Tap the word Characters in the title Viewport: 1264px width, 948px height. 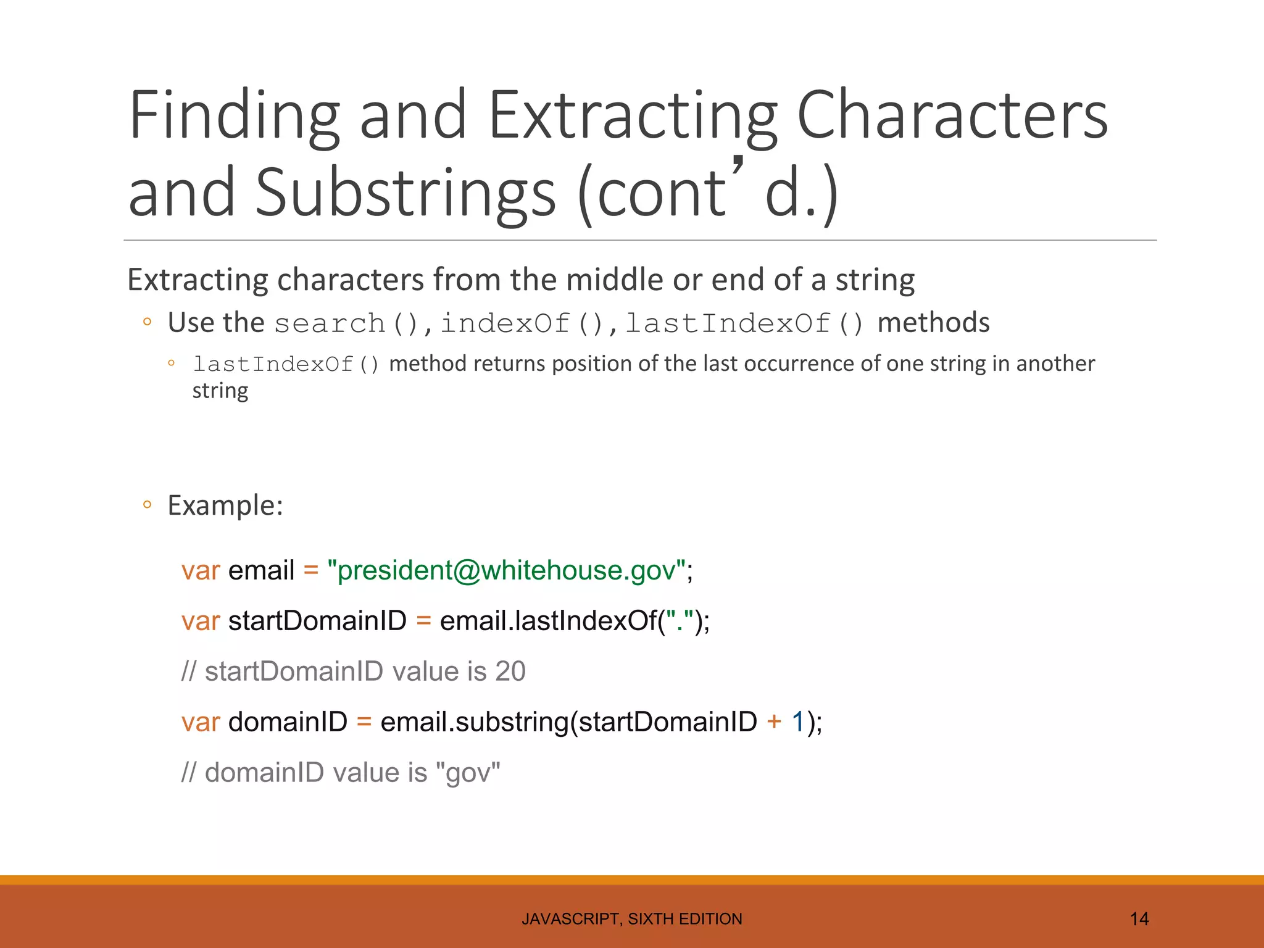click(952, 116)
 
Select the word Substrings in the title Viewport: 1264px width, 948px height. click(405, 193)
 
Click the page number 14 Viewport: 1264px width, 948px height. click(1139, 919)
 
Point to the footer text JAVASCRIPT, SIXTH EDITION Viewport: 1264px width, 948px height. click(631, 919)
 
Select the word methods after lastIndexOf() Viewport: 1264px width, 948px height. click(933, 323)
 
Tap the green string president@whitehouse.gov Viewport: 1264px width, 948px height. click(507, 570)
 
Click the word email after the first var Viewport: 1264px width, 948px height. click(261, 570)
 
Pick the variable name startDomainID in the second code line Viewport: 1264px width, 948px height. click(317, 621)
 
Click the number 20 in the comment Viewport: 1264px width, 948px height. click(510, 671)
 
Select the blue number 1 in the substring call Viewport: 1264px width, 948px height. click(797, 722)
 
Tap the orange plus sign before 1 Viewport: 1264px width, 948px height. click(774, 722)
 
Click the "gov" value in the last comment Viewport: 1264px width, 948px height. click(468, 773)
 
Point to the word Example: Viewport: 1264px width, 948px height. click(225, 505)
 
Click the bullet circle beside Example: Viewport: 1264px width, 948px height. click(147, 505)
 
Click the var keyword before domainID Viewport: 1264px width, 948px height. click(201, 722)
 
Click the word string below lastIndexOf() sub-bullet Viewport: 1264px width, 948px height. click(220, 391)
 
